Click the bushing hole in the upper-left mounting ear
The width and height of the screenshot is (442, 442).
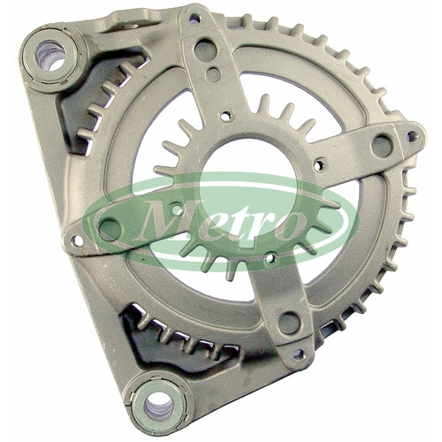(x=50, y=56)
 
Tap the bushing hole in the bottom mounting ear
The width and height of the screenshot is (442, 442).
(x=158, y=406)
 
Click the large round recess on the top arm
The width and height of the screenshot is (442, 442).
(x=206, y=48)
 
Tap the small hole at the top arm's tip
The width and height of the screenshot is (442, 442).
(x=194, y=19)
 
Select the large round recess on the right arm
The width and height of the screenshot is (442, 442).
(x=383, y=145)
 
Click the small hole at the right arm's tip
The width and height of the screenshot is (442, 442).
(x=413, y=136)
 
